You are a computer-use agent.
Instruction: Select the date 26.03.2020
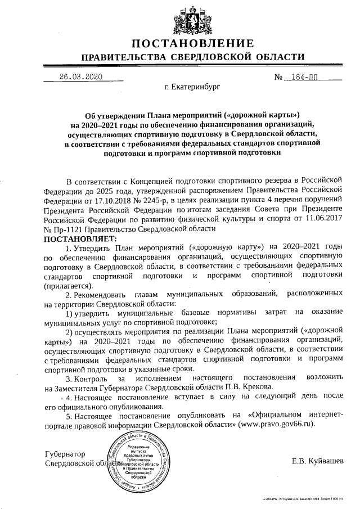point(80,77)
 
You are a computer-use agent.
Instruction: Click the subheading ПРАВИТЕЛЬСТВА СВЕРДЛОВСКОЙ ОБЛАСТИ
point(193,58)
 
